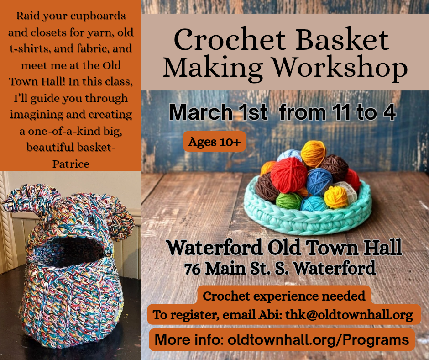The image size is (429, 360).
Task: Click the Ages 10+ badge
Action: (x=214, y=142)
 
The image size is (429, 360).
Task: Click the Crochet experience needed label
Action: (x=284, y=296)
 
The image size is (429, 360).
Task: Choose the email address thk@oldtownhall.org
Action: (x=352, y=315)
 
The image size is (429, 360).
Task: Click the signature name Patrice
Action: (x=70, y=163)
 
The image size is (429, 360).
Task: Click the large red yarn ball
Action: (x=288, y=175)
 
